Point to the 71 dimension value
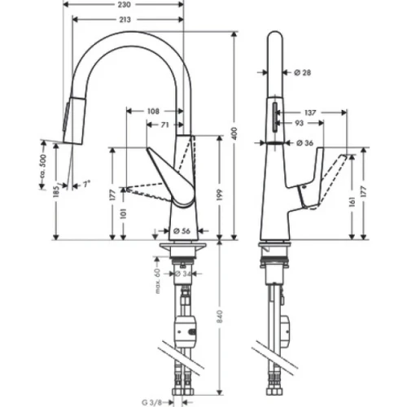(165, 125)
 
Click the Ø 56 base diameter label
(184, 229)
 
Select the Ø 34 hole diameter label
(185, 274)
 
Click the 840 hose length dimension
(218, 321)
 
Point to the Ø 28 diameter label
(301, 72)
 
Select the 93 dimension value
(302, 124)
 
